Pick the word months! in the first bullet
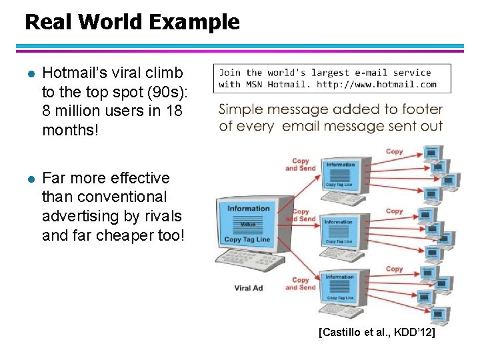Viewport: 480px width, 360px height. [70, 130]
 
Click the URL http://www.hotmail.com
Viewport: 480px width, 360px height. [377, 84]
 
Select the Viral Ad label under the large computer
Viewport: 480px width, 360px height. [248, 288]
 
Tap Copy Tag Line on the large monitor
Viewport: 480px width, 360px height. [247, 239]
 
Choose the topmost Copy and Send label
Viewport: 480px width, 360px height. [301, 165]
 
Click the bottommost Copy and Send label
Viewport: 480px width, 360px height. [301, 284]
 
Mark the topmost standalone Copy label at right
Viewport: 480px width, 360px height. [395, 151]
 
